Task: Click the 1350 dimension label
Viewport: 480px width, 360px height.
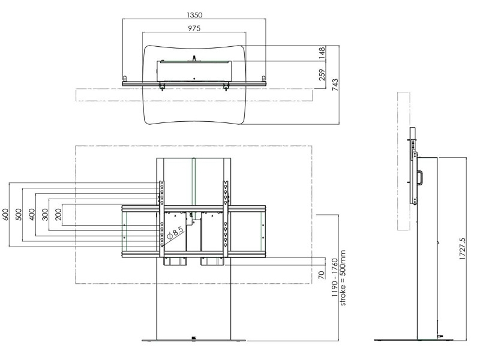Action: click(194, 14)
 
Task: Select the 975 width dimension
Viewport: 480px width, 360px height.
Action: click(194, 28)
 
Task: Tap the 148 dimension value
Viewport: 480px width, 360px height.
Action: click(322, 53)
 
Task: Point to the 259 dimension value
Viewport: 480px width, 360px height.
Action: click(322, 75)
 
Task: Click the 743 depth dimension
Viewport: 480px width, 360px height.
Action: click(335, 85)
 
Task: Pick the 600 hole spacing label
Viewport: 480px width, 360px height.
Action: click(5, 214)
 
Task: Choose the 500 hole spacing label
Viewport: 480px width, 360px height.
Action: click(19, 214)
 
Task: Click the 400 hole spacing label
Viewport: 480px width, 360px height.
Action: click(32, 214)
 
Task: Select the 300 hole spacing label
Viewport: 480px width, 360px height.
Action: click(45, 214)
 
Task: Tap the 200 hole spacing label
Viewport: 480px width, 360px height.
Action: click(58, 214)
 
